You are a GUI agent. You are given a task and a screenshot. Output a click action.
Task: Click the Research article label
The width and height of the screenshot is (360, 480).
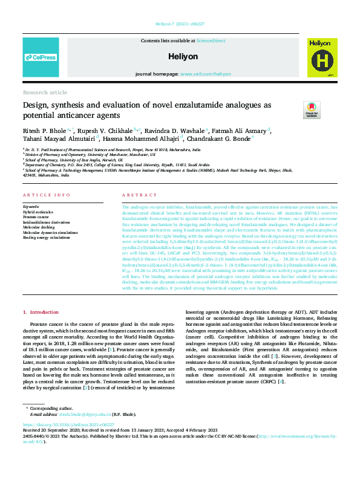pyautogui.click(x=45, y=92)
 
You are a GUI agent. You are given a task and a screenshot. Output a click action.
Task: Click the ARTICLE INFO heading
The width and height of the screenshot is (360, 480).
pyautogui.click(x=45, y=195)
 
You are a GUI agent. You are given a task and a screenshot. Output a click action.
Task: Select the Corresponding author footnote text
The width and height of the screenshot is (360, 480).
pyautogui.click(x=54, y=409)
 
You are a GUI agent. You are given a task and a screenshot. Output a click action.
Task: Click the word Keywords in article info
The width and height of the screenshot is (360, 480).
pyautogui.click(x=31, y=207)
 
